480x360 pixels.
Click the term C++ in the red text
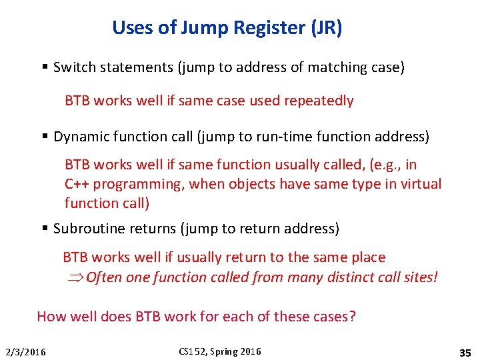tap(77, 184)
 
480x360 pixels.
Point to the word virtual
tap(420, 184)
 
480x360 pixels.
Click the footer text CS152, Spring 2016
tap(219, 351)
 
